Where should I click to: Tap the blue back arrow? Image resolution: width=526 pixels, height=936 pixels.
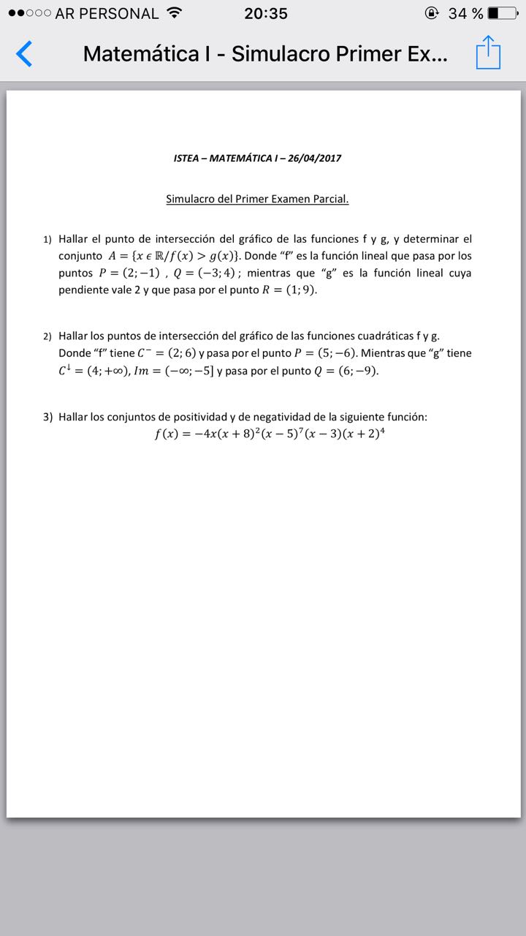pyautogui.click(x=24, y=54)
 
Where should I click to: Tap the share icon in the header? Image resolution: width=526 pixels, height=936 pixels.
pyautogui.click(x=488, y=53)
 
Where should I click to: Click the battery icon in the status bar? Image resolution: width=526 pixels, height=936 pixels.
pyautogui.click(x=502, y=13)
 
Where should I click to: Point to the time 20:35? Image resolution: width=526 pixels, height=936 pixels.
pyautogui.click(x=266, y=13)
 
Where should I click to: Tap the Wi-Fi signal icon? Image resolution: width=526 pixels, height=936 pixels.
pyautogui.click(x=174, y=13)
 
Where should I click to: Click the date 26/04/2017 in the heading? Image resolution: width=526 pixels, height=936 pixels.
pyautogui.click(x=315, y=158)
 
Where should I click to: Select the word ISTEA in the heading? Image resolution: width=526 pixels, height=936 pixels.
pyautogui.click(x=187, y=158)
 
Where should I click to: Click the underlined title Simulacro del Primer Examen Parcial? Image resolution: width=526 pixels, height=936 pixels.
pyautogui.click(x=257, y=199)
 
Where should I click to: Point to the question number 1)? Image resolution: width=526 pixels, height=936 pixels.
pyautogui.click(x=47, y=240)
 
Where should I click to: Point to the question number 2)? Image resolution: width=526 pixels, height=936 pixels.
pyautogui.click(x=47, y=336)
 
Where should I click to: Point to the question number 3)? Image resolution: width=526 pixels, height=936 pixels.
pyautogui.click(x=47, y=418)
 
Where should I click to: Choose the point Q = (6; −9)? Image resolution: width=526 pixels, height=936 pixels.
pyautogui.click(x=346, y=371)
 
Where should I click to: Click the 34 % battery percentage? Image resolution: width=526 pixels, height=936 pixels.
pyautogui.click(x=465, y=13)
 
